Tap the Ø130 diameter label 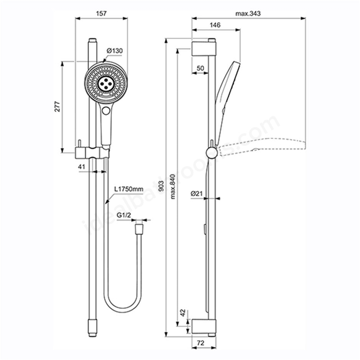pyautogui.click(x=115, y=51)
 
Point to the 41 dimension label pyautogui.click(x=81, y=167)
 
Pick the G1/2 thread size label pyautogui.click(x=124, y=215)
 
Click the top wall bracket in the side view pyautogui.click(x=203, y=47)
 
